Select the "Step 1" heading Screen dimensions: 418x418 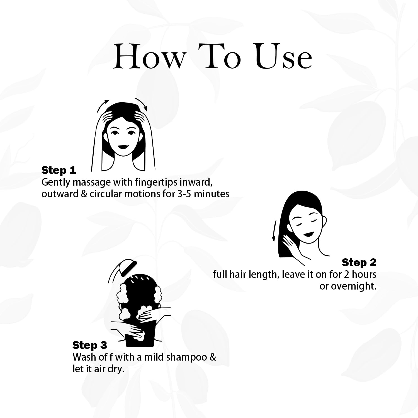click(59, 170)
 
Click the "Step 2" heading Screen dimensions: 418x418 click(359, 262)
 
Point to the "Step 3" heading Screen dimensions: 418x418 click(89, 345)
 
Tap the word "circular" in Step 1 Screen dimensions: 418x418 click(106, 194)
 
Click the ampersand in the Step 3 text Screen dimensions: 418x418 click(213, 357)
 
